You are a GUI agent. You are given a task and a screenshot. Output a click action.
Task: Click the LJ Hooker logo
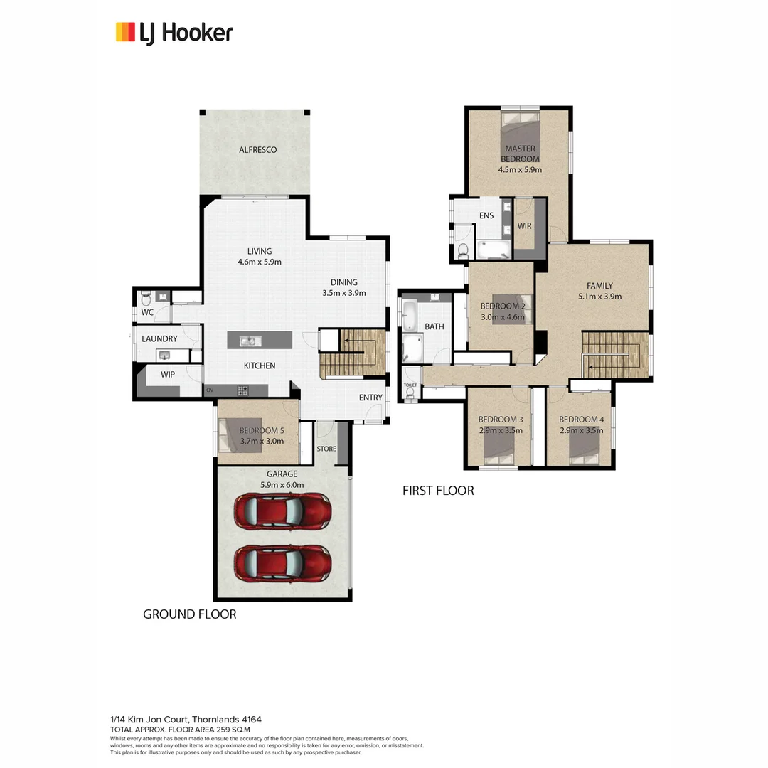[x=174, y=33]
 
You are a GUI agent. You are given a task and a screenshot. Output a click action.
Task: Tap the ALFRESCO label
[x=257, y=150]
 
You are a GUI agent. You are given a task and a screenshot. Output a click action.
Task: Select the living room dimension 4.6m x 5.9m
[x=260, y=262]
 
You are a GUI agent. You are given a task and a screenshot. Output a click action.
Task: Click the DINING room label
[x=343, y=282]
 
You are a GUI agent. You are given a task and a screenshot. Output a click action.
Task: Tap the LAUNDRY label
[x=159, y=339]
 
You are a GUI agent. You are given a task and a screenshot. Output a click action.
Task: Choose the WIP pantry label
[x=168, y=374]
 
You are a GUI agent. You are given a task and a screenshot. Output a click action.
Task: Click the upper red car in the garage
[x=282, y=511]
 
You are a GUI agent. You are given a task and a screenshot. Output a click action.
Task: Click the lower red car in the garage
[x=282, y=562]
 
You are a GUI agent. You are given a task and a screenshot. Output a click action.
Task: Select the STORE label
[x=326, y=449]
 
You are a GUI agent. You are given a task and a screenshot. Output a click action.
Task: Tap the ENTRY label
[x=370, y=398]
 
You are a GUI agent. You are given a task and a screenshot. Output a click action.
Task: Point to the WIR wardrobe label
[x=525, y=225]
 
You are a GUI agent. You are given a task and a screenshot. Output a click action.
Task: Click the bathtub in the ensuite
[x=494, y=249]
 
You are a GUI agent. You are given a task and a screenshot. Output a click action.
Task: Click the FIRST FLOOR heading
[x=438, y=491]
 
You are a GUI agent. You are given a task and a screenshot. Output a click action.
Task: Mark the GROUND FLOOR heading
[x=190, y=614]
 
